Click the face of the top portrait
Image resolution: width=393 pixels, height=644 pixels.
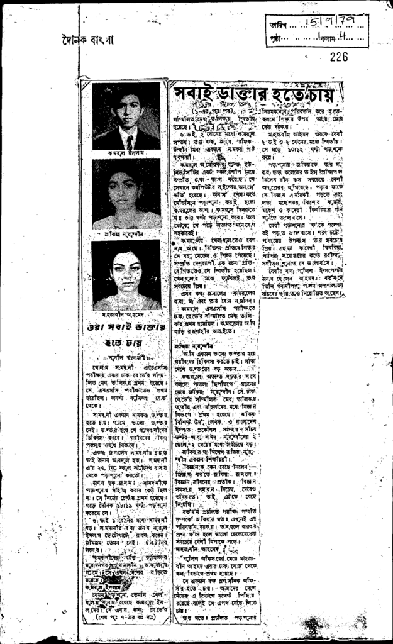point(129,111)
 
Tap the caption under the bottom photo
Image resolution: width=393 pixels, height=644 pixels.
point(126,314)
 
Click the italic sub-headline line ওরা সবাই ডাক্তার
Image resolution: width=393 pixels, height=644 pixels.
point(126,328)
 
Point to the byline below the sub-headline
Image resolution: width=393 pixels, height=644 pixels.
point(126,358)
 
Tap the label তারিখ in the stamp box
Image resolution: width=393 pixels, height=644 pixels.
point(279,25)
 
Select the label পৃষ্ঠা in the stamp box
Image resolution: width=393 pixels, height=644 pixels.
point(277,38)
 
